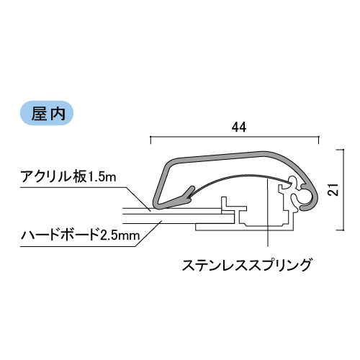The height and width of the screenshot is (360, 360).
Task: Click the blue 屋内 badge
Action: point(47,113)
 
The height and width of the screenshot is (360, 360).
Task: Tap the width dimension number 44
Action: point(239,127)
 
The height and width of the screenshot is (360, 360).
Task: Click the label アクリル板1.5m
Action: point(68,177)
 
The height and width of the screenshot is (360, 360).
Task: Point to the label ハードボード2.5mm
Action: point(81,235)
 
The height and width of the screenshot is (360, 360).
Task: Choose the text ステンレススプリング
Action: point(247,265)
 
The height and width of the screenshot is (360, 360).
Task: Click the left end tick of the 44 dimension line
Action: point(150,140)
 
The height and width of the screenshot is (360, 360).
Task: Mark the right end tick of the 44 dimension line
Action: point(319,140)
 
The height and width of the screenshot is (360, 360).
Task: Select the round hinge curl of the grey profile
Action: point(310,197)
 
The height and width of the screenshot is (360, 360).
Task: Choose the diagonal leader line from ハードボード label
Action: point(148,233)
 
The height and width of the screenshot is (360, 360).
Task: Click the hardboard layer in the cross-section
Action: point(178,219)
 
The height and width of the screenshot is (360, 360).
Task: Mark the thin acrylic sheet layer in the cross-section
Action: point(172,211)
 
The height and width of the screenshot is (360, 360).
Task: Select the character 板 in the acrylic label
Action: point(80,177)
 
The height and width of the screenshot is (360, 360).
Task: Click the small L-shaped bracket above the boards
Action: point(225,204)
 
